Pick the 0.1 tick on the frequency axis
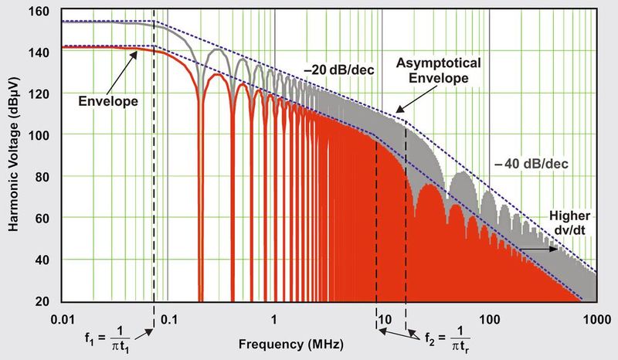[169, 317]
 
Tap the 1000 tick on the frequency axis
[593, 317]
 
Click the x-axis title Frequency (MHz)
[292, 341]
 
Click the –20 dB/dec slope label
[339, 71]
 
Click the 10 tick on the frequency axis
[382, 317]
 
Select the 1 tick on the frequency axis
[273, 317]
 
